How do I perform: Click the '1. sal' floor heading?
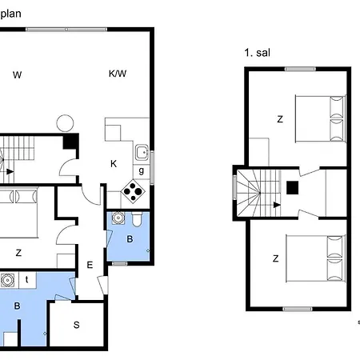pyautogui.click(x=257, y=53)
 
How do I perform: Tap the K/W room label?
pyautogui.click(x=118, y=74)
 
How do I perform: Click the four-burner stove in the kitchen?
pyautogui.click(x=133, y=191)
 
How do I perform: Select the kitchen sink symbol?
pyautogui.click(x=142, y=153)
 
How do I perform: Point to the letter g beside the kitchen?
pyautogui.click(x=142, y=170)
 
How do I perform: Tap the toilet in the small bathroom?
pyautogui.click(x=137, y=219)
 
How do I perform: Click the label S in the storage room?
pyautogui.click(x=77, y=325)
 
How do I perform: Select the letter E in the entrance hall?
pyautogui.click(x=90, y=265)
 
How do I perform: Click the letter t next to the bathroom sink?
pyautogui.click(x=26, y=279)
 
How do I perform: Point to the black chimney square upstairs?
pyautogui.click(x=292, y=188)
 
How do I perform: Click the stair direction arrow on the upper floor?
pyautogui.click(x=277, y=205)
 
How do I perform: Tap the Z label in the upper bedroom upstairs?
pyautogui.click(x=280, y=119)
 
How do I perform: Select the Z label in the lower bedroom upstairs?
pyautogui.click(x=276, y=258)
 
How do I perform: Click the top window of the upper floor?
pyautogui.click(x=300, y=69)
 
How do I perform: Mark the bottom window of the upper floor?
pyautogui.click(x=298, y=309)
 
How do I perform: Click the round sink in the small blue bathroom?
pyautogui.click(x=118, y=218)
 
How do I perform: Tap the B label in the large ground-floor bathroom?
pyautogui.click(x=17, y=306)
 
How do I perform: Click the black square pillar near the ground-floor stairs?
pyautogui.click(x=70, y=142)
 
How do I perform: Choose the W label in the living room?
pyautogui.click(x=17, y=75)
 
